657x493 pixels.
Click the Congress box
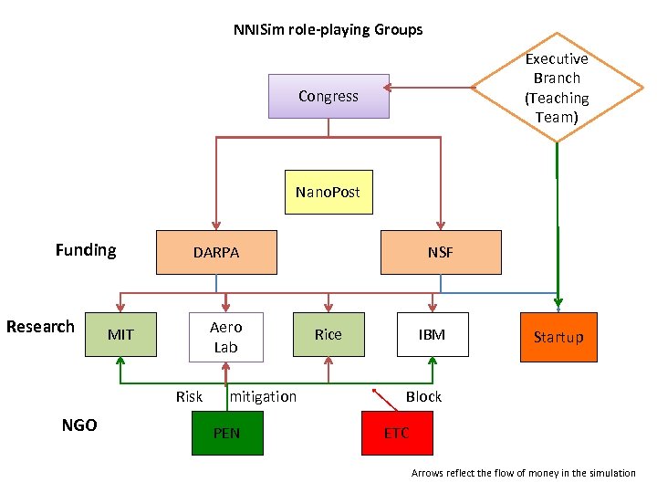[x=328, y=96]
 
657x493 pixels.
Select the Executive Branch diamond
[x=556, y=88]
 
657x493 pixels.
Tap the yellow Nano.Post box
[x=328, y=192]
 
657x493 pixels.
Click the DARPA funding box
[x=216, y=252]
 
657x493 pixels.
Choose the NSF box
[x=441, y=252]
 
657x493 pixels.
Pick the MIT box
[x=120, y=334]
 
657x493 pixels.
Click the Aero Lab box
[x=225, y=337]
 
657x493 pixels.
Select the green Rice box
[x=328, y=334]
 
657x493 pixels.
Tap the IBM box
[x=432, y=334]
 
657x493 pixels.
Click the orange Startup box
[x=558, y=337]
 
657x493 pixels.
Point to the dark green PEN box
[x=226, y=433]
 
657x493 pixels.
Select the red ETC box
[x=396, y=433]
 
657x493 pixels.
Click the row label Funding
[x=86, y=250]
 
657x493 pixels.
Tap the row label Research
[x=40, y=327]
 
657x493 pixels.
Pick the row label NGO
[x=79, y=425]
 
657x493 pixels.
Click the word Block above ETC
[x=423, y=396]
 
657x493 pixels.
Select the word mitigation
[x=264, y=396]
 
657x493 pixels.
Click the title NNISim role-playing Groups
[x=328, y=29]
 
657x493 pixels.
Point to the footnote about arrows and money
[x=523, y=473]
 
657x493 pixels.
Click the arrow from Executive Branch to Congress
[x=429, y=89]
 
